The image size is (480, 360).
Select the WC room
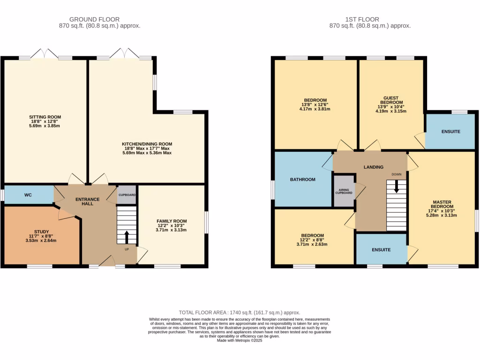coord(29,195)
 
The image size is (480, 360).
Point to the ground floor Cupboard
coord(127,195)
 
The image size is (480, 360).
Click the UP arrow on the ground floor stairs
coord(126,237)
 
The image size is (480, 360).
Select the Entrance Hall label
coord(88,202)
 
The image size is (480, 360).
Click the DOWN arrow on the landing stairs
coord(397,187)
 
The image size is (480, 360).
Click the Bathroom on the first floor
coord(302,180)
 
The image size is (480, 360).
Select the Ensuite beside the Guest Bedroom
coord(450,132)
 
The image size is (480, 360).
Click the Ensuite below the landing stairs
coord(381,250)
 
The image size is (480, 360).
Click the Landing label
coord(373,167)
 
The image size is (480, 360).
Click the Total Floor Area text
coord(240,312)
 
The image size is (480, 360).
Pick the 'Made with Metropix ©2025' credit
coord(240,341)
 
